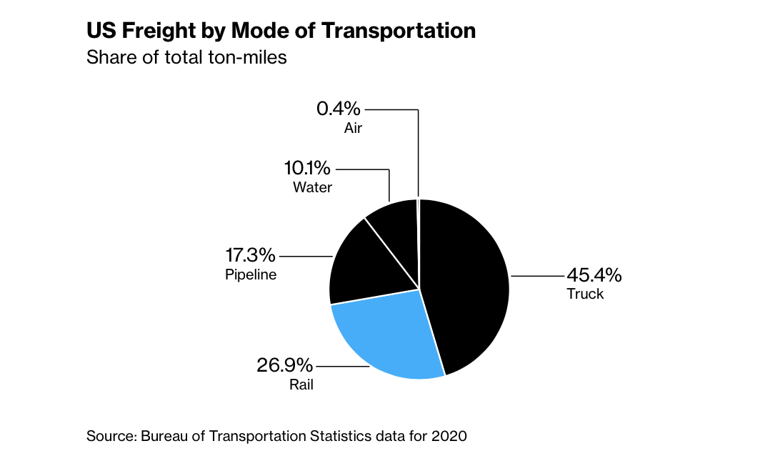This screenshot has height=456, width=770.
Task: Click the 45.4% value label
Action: tap(594, 275)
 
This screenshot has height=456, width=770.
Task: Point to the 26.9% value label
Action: tap(284, 366)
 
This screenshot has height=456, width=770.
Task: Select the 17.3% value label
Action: tap(250, 255)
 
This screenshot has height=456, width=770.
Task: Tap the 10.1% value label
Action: tap(307, 169)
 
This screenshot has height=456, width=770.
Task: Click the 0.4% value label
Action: tap(339, 109)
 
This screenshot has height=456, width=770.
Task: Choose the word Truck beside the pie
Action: tap(585, 294)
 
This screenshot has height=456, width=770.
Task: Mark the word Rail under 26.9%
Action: tap(301, 385)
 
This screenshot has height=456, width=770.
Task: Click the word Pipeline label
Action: tap(250, 274)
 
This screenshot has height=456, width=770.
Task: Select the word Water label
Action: tap(312, 188)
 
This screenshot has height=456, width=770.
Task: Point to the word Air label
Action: tap(353, 129)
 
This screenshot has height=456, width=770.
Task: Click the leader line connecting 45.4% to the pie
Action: tap(536, 275)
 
